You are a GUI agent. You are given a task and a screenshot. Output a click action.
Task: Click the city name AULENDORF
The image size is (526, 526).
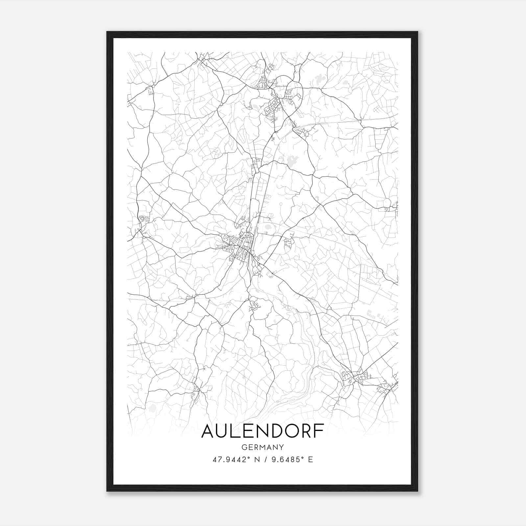(x=263, y=431)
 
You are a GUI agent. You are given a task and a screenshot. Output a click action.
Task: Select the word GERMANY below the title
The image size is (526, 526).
(x=263, y=447)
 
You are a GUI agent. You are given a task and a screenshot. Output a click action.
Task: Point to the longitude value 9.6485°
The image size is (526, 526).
(x=286, y=460)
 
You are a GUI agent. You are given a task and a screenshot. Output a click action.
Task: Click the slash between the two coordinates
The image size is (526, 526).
(x=263, y=460)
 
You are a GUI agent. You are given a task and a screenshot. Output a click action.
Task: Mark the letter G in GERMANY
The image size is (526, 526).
(x=244, y=447)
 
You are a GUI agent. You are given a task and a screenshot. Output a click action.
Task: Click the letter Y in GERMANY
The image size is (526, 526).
(x=282, y=447)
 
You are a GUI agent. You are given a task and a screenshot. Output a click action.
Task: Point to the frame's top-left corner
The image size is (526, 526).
(x=107, y=32)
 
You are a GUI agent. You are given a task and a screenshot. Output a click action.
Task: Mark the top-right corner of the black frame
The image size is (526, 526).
(x=418, y=32)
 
